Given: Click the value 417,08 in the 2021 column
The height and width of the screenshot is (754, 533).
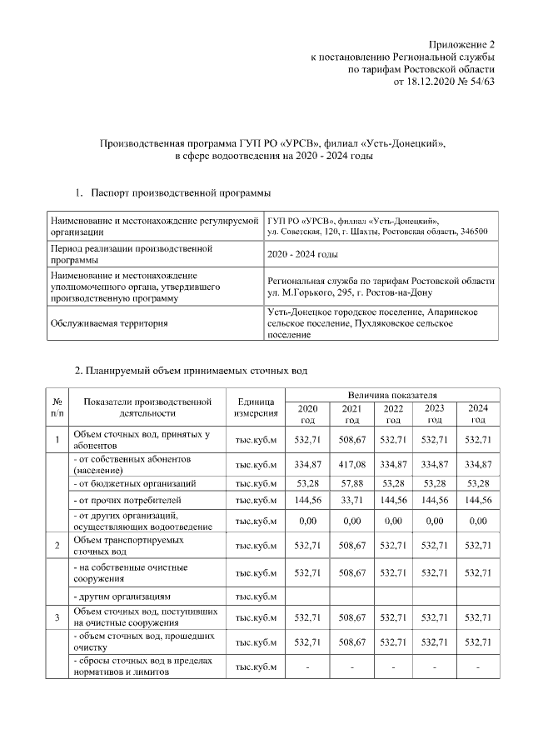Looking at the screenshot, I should [x=350, y=464].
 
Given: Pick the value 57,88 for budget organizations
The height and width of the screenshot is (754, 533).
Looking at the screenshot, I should [x=350, y=482].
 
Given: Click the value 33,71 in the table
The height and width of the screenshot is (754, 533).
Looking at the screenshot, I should [x=350, y=501].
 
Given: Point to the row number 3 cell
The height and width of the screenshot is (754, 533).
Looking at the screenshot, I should [x=57, y=617].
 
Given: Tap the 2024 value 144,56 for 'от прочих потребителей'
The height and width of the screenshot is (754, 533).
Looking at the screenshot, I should [x=477, y=501].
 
